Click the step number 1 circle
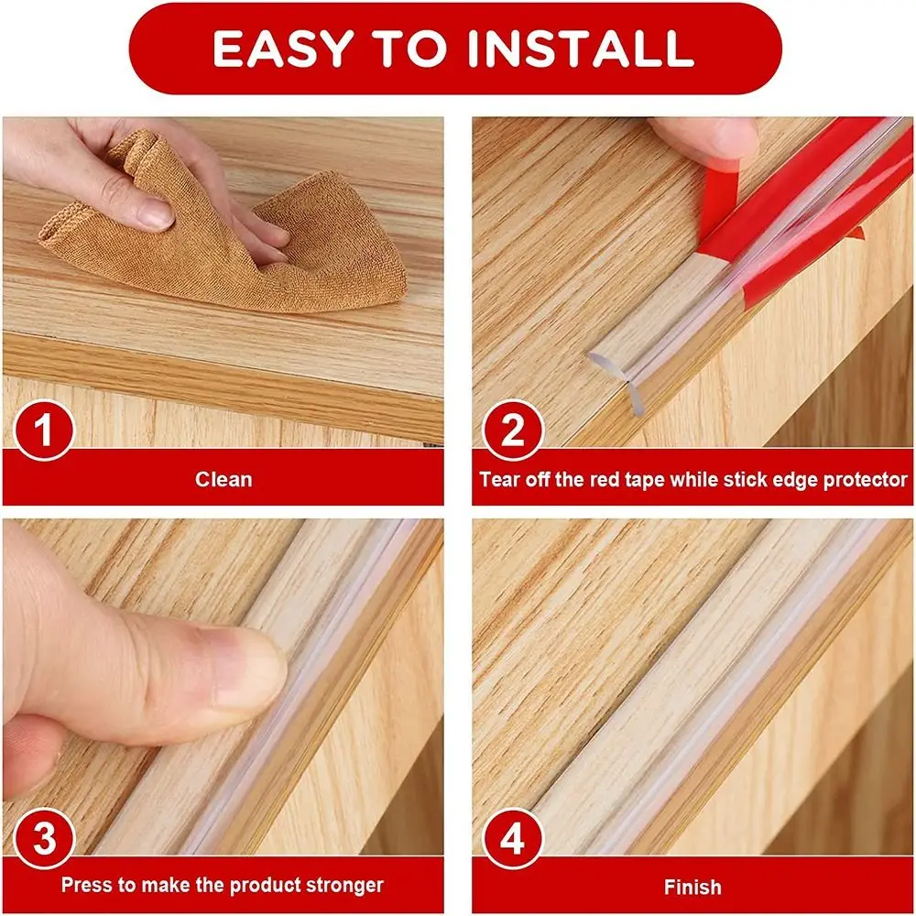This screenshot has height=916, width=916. click(x=40, y=428)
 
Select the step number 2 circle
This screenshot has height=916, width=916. click(x=513, y=428)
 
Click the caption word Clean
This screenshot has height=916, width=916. click(x=224, y=479)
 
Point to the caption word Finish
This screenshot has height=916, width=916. click(x=692, y=887)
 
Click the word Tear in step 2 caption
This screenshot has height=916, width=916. click(x=499, y=479)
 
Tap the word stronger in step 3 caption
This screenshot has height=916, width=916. click(x=346, y=886)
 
